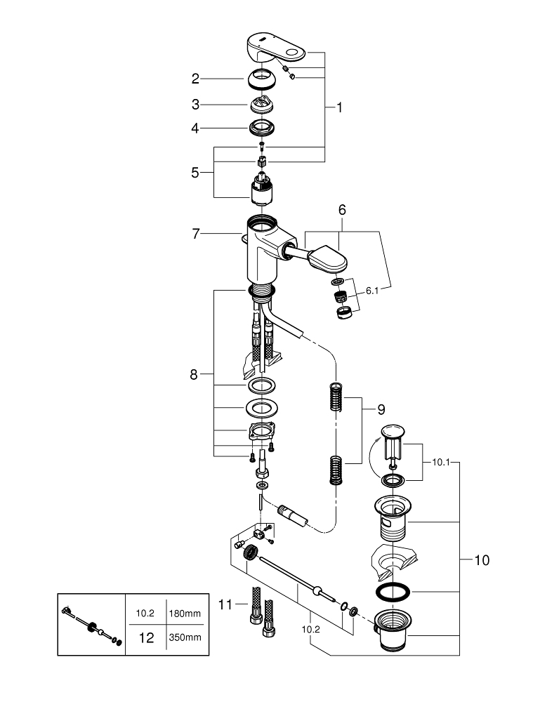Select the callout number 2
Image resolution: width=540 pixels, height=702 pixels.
tap(196, 79)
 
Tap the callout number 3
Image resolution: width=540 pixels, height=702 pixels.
tap(196, 105)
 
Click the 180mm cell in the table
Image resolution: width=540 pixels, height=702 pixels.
tap(185, 613)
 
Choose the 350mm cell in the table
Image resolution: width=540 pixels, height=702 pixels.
tap(185, 637)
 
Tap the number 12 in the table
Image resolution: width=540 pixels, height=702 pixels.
tap(145, 637)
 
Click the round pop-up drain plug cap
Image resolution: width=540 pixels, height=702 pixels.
tap(392, 432)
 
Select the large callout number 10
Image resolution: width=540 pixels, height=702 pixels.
tap(482, 560)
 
